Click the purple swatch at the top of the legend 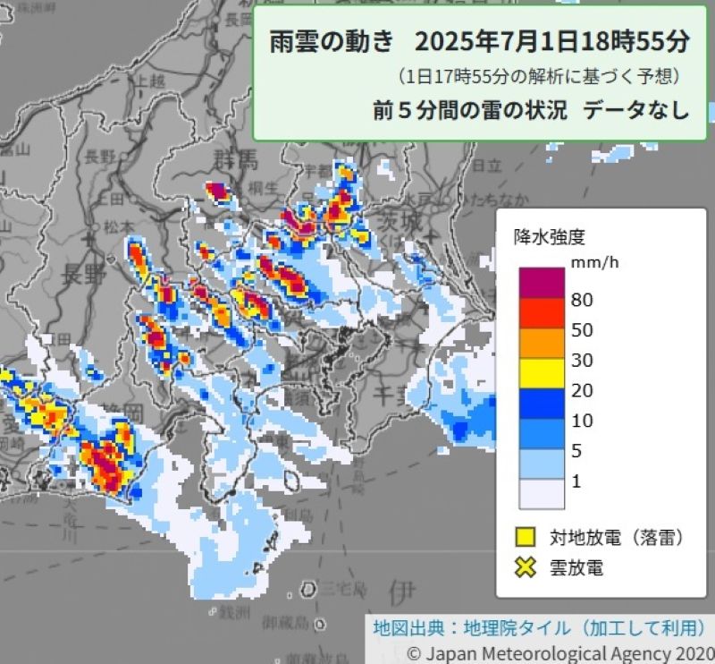(x=541, y=284)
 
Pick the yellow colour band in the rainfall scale (x=541, y=373)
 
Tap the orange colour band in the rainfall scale (x=541, y=343)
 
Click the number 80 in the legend (x=582, y=300)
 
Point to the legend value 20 (x=582, y=390)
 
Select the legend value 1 (x=576, y=481)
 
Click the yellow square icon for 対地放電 (x=526, y=537)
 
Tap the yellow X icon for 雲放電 (x=526, y=566)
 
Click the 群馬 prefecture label (x=235, y=161)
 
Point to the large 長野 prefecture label (x=86, y=275)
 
